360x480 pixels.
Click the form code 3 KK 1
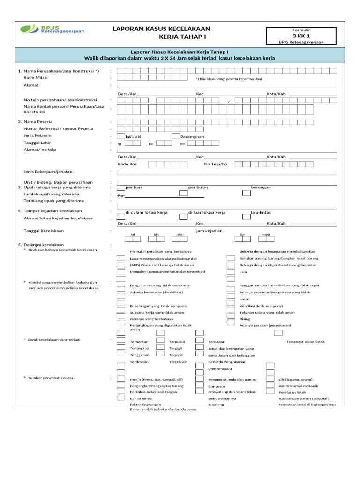pos(301,36)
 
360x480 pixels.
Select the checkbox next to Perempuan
pos(176,136)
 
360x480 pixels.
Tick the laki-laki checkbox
pos(121,136)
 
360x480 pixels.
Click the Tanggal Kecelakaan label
pos(44,231)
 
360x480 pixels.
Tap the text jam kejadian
pos(209,231)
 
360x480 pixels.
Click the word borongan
pos(261,187)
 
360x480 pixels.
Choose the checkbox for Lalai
pos(231,271)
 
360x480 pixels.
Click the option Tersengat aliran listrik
pos(305,342)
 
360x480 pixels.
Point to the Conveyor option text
pos(217,386)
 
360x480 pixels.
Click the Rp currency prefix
pos(120,196)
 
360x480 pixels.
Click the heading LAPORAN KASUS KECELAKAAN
pos(162,29)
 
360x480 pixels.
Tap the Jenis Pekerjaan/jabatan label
pos(48,172)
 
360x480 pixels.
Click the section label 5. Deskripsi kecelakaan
pos(41,245)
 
